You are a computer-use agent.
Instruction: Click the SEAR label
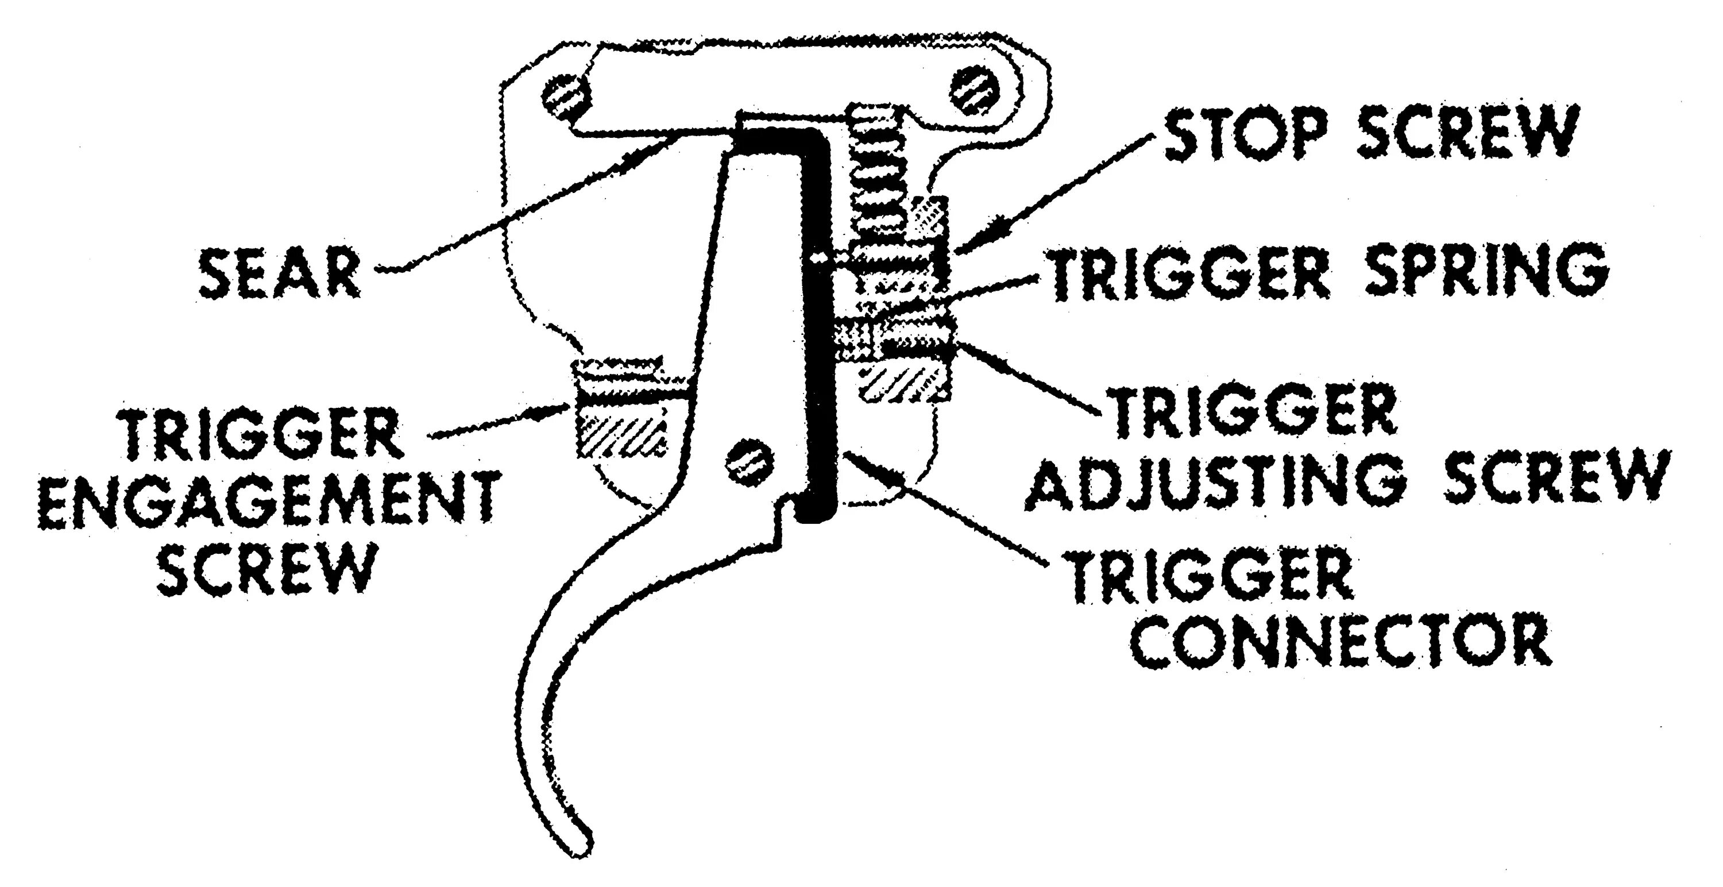click(x=281, y=273)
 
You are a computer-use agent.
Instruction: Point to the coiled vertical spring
click(x=876, y=200)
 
